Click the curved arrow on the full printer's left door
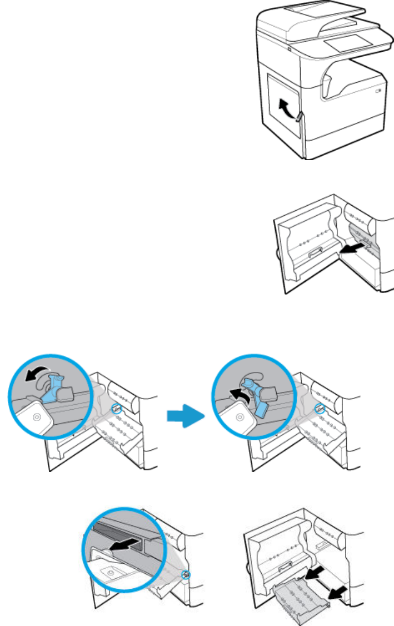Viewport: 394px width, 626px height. [x=285, y=107]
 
